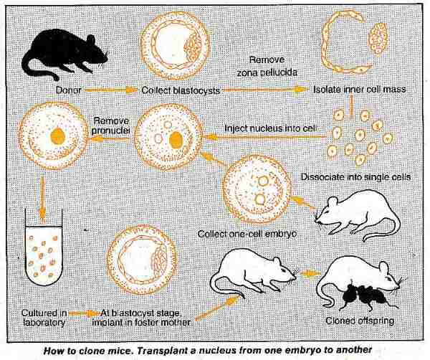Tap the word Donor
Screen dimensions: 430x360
(x=69, y=90)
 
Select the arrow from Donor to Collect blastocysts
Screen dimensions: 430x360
(x=111, y=90)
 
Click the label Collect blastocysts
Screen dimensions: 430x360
(x=181, y=90)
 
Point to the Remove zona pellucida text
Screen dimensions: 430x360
(x=267, y=66)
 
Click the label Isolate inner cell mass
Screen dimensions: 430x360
(x=360, y=89)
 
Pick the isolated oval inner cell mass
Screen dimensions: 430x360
(x=378, y=37)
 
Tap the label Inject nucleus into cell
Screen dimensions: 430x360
(x=271, y=128)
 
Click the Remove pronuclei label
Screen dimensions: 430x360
(x=111, y=125)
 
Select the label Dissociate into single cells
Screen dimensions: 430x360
(x=355, y=177)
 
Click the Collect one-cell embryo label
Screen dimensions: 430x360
(x=247, y=234)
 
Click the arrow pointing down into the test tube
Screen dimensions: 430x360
(x=42, y=198)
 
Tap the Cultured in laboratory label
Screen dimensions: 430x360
(x=44, y=318)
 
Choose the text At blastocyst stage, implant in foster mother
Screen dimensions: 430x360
(x=141, y=318)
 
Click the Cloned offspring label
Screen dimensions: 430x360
(x=360, y=321)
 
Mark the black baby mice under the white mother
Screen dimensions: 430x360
(x=365, y=295)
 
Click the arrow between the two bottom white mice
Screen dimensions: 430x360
(x=310, y=273)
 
